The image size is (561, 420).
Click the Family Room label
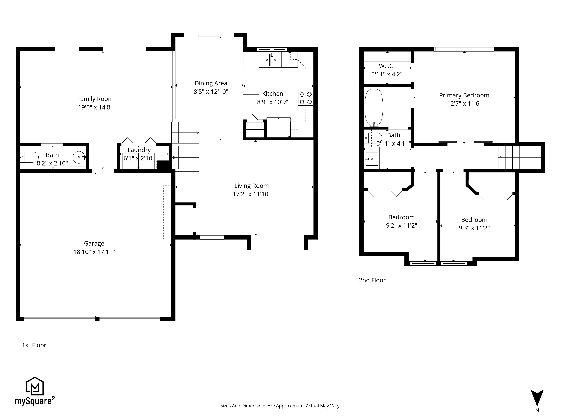(x=95, y=99)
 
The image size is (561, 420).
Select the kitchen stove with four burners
(x=306, y=98)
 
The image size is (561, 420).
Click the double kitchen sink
(x=272, y=60)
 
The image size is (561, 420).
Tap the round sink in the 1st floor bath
(x=79, y=157)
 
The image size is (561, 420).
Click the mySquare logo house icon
(x=35, y=386)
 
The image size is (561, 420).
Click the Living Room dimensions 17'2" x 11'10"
(x=252, y=194)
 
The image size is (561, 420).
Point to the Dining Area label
(x=211, y=83)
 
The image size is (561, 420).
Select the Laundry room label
(x=139, y=150)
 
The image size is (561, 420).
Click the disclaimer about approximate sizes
(x=280, y=406)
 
